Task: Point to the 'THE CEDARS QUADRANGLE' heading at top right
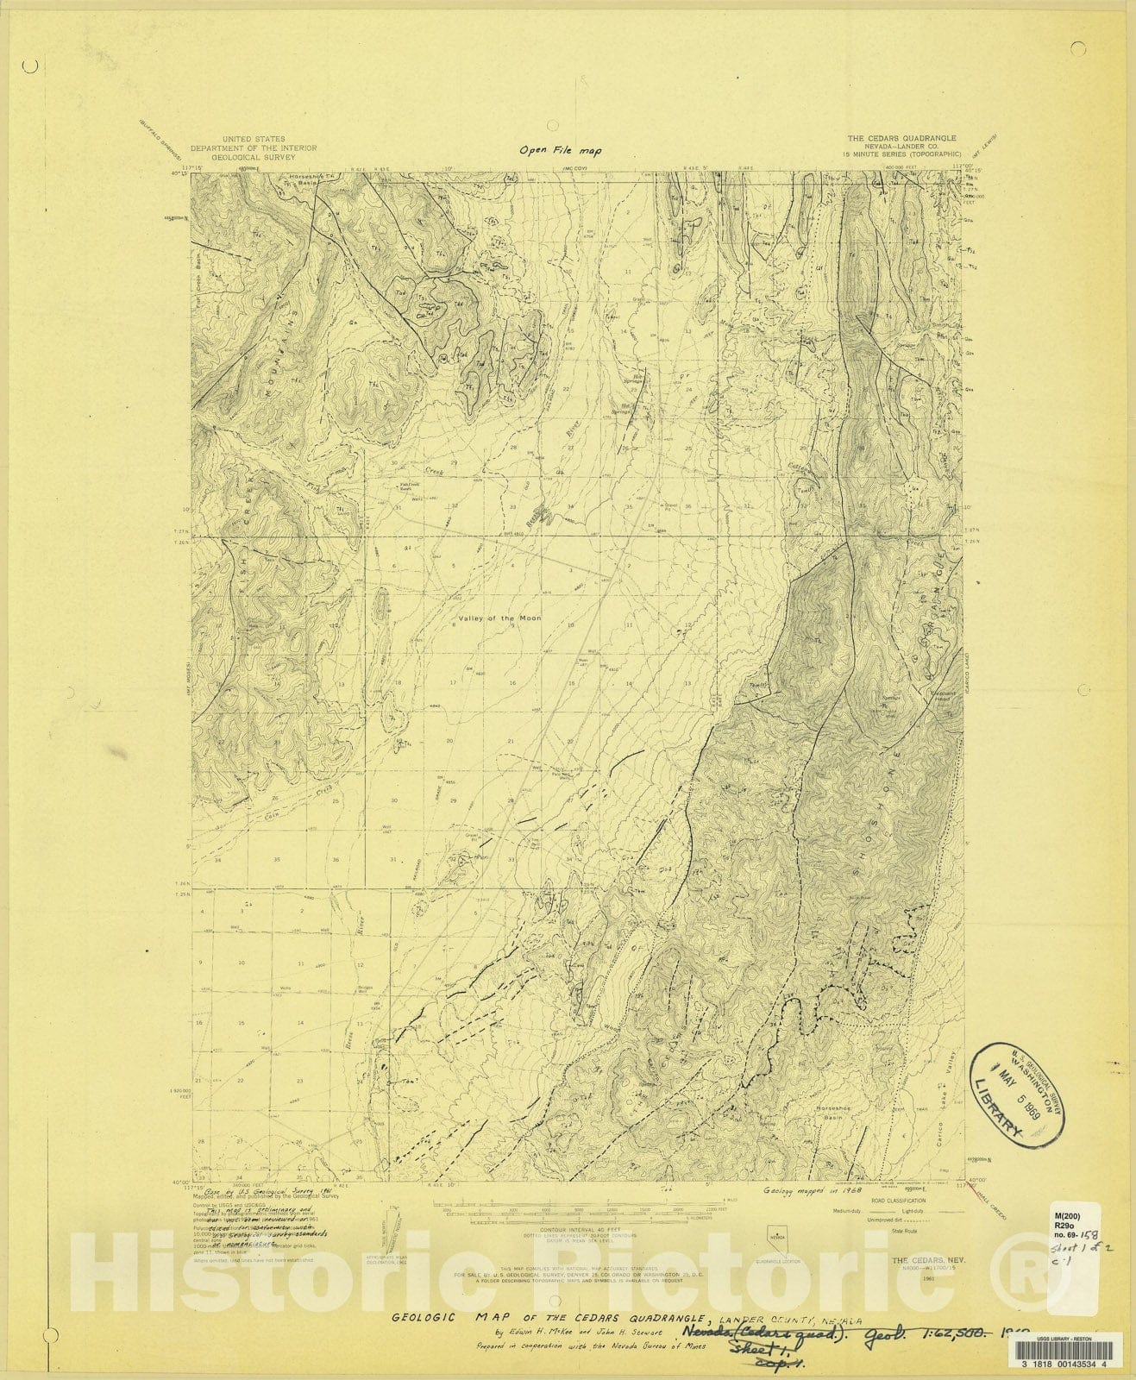[x=901, y=138]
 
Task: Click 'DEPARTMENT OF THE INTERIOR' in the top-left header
[x=254, y=147]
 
